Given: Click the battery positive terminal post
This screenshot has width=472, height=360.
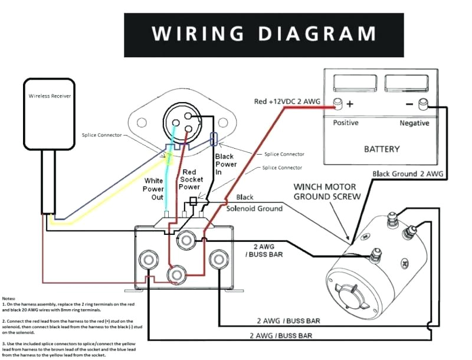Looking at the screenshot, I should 339,104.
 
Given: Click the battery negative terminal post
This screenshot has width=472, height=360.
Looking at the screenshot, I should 422,104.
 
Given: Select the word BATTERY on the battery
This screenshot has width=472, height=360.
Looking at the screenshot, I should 382,149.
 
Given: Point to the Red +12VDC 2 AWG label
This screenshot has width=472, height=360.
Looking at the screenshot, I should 287,102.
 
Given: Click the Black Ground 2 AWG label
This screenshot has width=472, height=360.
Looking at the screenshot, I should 408,174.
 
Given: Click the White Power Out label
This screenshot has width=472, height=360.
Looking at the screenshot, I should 154,188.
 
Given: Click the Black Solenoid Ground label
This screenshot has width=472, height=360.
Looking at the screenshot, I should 254,203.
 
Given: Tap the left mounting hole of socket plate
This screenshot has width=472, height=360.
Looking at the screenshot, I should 141,123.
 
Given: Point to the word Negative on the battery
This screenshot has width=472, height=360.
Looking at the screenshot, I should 415,123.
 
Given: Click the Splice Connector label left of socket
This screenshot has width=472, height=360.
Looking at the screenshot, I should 101,135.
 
